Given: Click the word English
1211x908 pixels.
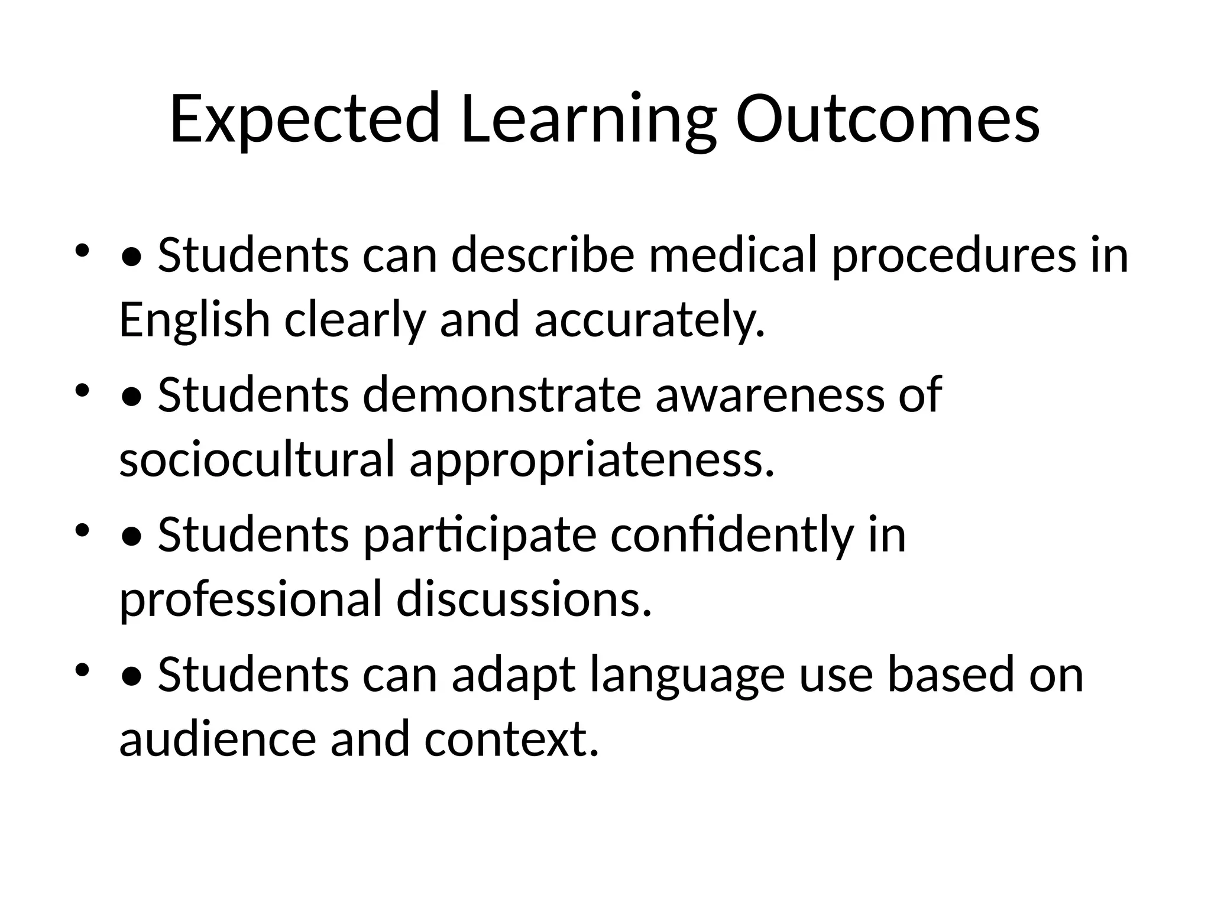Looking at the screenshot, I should point(195,320).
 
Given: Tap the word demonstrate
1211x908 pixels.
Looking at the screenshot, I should point(501,395).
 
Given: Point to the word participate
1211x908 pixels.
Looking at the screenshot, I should point(480,536).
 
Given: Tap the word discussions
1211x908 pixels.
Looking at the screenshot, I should point(524,599).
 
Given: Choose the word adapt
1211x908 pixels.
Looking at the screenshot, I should point(513,675).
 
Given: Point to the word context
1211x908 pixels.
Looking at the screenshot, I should point(511,739).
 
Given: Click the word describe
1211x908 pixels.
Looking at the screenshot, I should point(543,255).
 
